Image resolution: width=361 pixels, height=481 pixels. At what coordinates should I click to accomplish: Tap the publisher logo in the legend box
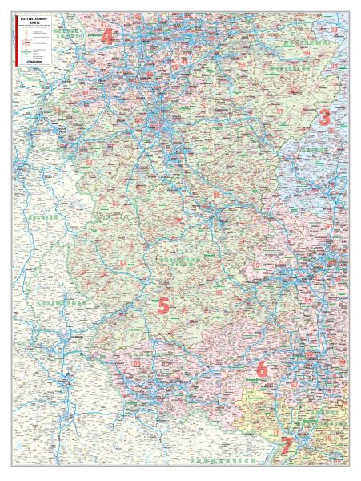coord(37,60)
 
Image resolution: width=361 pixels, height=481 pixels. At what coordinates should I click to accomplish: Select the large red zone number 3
coord(324,116)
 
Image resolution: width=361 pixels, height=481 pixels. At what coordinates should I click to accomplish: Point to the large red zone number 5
coord(163,305)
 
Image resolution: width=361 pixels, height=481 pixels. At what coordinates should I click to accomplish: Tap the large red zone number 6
coord(261,370)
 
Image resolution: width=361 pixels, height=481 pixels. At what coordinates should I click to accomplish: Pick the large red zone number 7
coord(287,443)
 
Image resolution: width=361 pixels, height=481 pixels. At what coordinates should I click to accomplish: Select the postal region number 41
coord(86,93)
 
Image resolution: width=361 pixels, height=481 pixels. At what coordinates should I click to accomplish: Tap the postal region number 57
coord(279,111)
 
